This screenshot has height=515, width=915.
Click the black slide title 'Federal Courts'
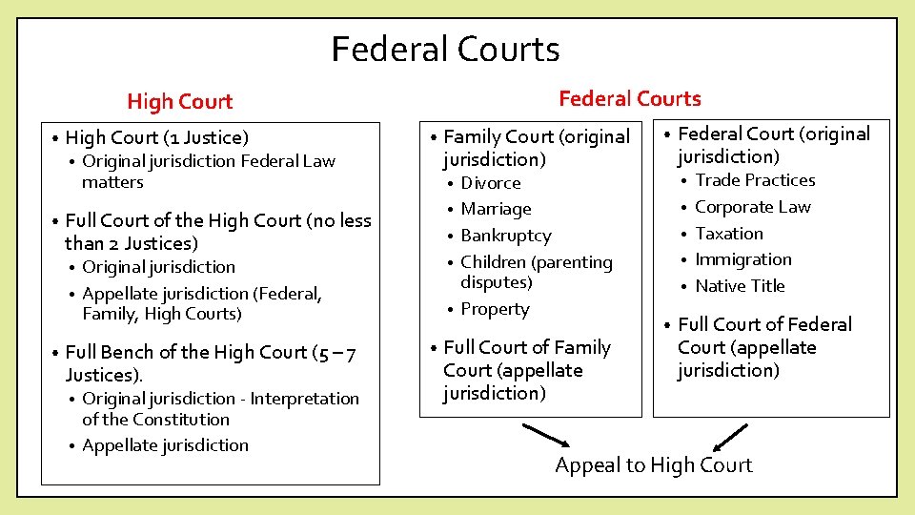tap(445, 49)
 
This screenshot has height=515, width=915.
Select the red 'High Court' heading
tap(179, 101)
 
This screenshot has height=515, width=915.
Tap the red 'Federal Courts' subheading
tap(629, 98)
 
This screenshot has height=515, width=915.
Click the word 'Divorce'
tap(491, 183)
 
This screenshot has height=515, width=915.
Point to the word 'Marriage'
tap(496, 209)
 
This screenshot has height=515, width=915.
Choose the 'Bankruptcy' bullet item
tap(505, 236)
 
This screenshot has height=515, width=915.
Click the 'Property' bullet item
tap(495, 309)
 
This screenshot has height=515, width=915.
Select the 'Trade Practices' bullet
tap(755, 180)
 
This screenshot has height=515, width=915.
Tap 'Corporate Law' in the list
tap(752, 207)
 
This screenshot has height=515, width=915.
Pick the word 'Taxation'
tap(728, 234)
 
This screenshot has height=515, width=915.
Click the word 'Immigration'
tap(742, 259)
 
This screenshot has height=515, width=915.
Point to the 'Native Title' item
tap(740, 286)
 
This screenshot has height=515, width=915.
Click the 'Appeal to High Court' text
tap(653, 465)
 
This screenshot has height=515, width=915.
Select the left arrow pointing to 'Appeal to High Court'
tap(547, 436)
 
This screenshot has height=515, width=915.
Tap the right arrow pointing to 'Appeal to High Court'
tap(729, 437)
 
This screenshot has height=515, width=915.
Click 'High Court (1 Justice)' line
tap(156, 138)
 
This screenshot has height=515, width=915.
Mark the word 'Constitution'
tap(180, 420)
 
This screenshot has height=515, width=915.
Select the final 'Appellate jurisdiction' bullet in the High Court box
tap(165, 445)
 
